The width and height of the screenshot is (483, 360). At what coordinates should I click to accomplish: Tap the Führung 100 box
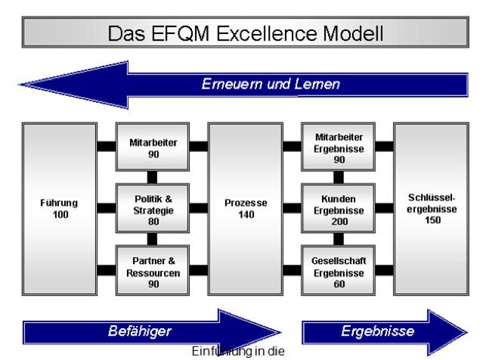(60, 208)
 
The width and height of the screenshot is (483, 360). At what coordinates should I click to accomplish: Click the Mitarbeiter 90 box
(152, 145)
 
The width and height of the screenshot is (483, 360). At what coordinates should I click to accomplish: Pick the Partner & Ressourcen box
(152, 267)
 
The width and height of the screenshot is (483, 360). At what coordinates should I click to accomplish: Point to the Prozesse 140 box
(244, 208)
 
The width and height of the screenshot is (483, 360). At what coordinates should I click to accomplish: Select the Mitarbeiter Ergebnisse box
(339, 145)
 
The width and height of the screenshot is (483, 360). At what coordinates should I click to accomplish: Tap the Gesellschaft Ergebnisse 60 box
(339, 267)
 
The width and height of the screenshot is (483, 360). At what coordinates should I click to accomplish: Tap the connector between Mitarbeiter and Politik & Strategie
(152, 177)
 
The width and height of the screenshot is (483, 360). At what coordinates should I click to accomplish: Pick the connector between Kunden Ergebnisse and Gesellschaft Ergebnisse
(339, 238)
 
